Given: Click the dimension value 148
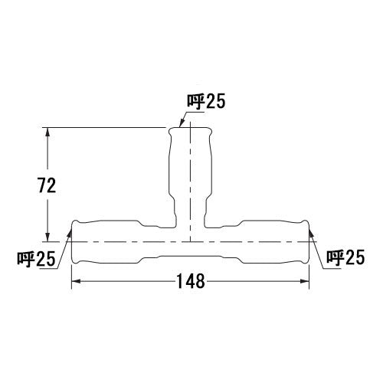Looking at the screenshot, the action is coord(191,281).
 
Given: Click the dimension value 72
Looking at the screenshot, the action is coord(47,185).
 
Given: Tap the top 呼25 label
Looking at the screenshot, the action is coord(206,102).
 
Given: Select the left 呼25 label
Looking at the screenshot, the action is coord(36,259).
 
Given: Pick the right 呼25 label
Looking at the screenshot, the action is coord(345,257).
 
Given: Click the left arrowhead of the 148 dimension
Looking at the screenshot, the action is coord(76,281).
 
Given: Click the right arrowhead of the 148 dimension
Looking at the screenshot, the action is coord(305,281).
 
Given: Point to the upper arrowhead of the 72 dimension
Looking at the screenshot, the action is coord(47,133).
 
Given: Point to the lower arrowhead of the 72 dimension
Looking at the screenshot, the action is coord(47,237).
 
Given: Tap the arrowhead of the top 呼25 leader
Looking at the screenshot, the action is coord(181,123).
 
